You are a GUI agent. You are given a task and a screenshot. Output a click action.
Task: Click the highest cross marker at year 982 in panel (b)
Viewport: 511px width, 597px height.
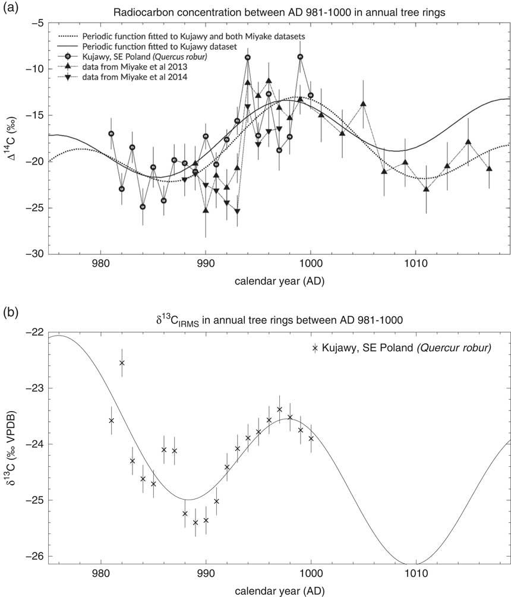pyautogui.click(x=122, y=362)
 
